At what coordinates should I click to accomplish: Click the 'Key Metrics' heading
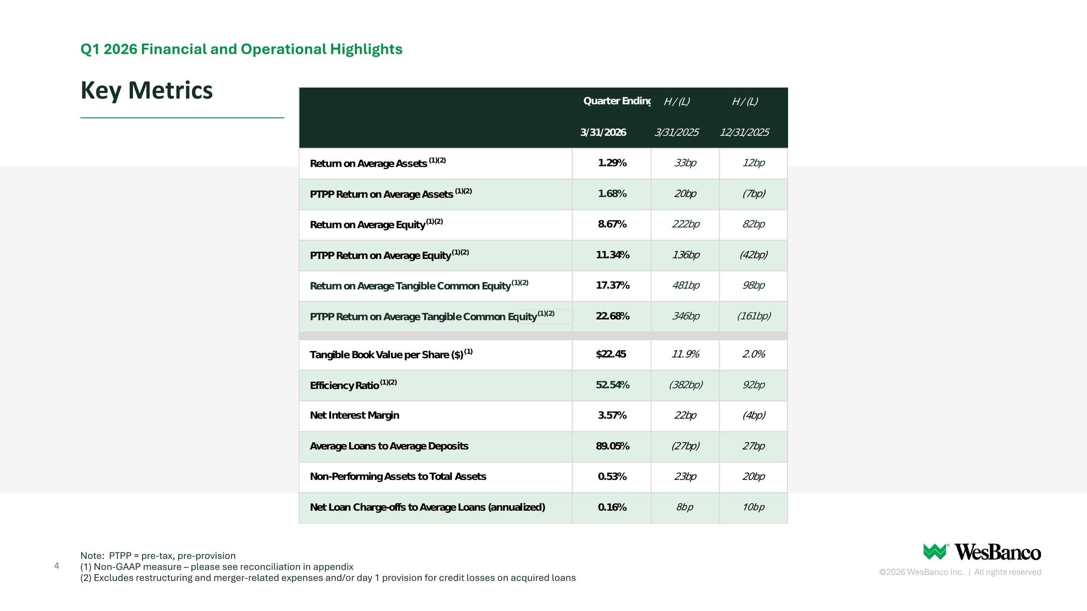tap(146, 91)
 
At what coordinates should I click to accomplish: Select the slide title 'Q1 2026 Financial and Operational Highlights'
tap(241, 49)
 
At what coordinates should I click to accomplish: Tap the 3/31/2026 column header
tap(603, 133)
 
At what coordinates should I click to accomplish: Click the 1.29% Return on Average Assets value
tap(612, 163)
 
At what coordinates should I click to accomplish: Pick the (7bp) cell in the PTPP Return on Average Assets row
tap(754, 193)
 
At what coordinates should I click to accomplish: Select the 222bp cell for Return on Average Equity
tap(686, 224)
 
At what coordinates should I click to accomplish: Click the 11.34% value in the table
tap(612, 255)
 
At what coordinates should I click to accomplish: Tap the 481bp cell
tap(686, 285)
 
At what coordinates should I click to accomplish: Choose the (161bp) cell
tap(754, 316)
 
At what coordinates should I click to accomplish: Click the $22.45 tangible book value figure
tap(611, 354)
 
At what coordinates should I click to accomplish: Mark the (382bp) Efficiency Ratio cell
tap(686, 385)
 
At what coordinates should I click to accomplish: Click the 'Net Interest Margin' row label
tap(354, 415)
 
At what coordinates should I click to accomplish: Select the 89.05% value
tap(612, 446)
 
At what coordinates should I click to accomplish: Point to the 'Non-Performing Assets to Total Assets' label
tap(398, 477)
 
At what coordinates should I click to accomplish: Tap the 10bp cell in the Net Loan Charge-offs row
tap(753, 507)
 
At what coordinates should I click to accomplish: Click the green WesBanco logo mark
tap(935, 552)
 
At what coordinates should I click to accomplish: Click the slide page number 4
tap(57, 566)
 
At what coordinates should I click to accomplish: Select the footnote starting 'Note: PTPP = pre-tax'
tap(158, 556)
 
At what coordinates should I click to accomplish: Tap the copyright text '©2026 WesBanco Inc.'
tap(921, 572)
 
